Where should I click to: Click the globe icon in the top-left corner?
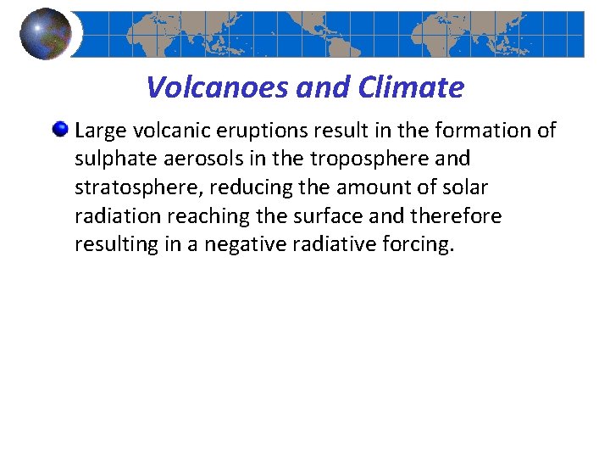[x=46, y=34]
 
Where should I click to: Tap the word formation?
[x=486, y=131]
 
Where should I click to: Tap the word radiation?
[x=114, y=217]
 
